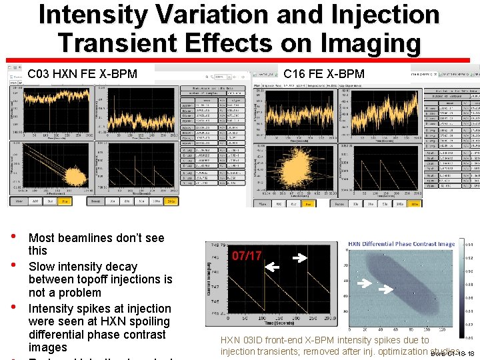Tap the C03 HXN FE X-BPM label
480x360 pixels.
click(82, 73)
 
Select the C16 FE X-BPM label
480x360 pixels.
click(324, 73)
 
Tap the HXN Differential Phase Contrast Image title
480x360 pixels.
click(401, 244)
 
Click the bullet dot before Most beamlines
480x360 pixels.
click(13, 238)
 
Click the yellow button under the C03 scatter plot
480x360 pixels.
click(65, 200)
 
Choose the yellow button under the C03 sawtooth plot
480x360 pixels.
click(171, 200)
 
